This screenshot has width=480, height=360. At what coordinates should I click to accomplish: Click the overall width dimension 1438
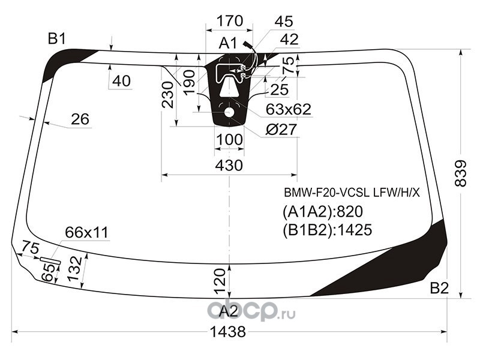click(x=229, y=332)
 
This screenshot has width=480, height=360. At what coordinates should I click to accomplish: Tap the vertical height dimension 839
click(x=461, y=173)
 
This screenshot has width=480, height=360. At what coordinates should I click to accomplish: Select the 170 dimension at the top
click(x=230, y=21)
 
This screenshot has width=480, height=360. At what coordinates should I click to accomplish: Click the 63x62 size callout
click(x=289, y=109)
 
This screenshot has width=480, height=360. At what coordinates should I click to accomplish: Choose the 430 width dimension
click(x=229, y=166)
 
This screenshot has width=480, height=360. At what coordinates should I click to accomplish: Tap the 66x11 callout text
click(x=86, y=233)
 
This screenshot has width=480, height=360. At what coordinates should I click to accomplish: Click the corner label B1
click(x=57, y=39)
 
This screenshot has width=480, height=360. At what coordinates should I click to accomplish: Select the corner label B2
click(x=439, y=288)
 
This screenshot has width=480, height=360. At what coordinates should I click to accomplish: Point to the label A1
click(x=228, y=43)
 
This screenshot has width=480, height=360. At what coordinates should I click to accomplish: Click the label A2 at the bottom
click(x=229, y=311)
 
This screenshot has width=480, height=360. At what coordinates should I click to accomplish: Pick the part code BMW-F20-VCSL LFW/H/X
click(x=352, y=193)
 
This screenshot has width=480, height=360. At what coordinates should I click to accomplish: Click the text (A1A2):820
click(x=323, y=212)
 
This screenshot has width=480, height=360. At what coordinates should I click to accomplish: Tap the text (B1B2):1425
click(x=327, y=230)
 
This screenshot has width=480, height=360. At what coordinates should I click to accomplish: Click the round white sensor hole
click(x=229, y=112)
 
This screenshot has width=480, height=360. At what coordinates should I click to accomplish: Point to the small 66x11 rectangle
click(x=50, y=260)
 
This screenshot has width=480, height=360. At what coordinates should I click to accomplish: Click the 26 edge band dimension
click(x=80, y=119)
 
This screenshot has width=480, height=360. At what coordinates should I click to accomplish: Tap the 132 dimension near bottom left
click(x=74, y=268)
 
